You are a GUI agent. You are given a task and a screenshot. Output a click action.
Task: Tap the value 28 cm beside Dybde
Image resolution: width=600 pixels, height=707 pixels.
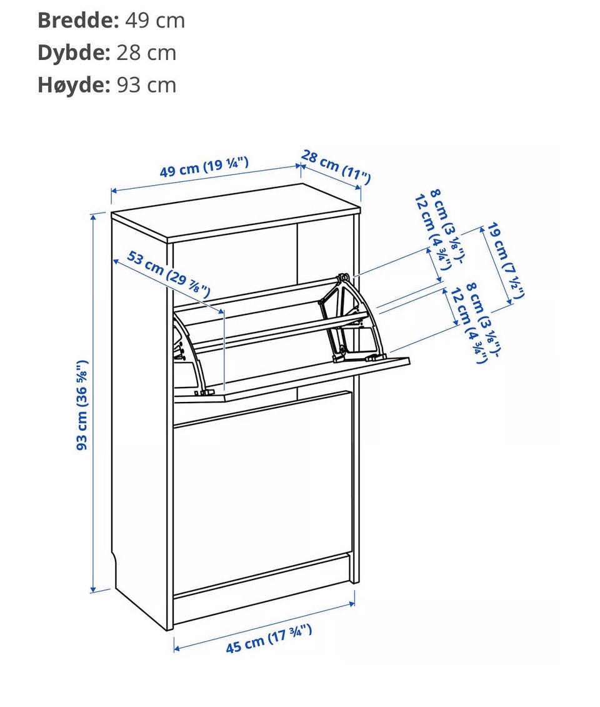click(146, 53)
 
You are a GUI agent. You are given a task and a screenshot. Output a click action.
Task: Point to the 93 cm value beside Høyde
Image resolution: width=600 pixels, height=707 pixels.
click(146, 85)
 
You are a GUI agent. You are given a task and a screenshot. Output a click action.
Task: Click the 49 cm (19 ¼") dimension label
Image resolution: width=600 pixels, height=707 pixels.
click(204, 167)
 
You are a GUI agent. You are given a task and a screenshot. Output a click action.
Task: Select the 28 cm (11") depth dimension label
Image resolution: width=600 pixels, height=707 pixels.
click(336, 167)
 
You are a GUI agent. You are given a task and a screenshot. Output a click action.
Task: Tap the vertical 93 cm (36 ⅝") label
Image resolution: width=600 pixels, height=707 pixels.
click(82, 405)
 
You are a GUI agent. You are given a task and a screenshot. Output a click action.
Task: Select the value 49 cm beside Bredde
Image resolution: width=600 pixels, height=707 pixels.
click(155, 20)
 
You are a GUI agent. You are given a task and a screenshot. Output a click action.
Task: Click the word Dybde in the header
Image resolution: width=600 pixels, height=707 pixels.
click(74, 53)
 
